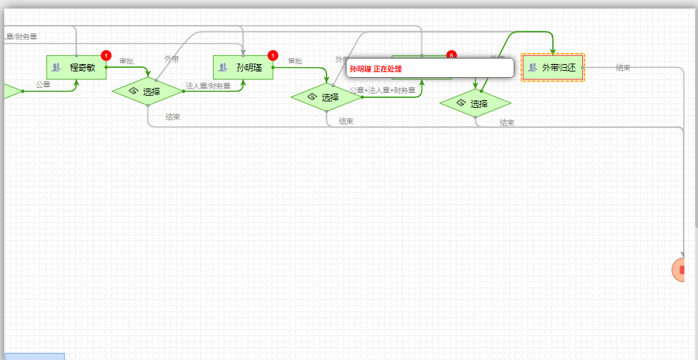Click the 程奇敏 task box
tap(76, 67)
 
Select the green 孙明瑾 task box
tap(243, 67)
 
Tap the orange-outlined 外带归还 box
tap(553, 67)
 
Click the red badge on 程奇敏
tap(106, 55)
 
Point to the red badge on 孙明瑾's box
tap(272, 55)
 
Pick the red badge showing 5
tap(451, 55)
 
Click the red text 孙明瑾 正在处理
tap(376, 69)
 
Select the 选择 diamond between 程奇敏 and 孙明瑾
tap(147, 91)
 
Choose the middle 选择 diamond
tap(326, 97)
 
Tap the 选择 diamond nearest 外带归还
tap(474, 104)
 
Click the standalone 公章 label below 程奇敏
tap(43, 84)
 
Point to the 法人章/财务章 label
tap(208, 86)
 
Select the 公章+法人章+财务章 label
tap(382, 90)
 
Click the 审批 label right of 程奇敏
tap(126, 61)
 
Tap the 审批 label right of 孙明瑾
tap(294, 61)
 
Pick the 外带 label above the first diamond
tap(171, 59)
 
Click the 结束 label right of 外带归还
tap(623, 68)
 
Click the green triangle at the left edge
tap(10, 91)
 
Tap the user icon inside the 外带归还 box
tap(532, 68)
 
